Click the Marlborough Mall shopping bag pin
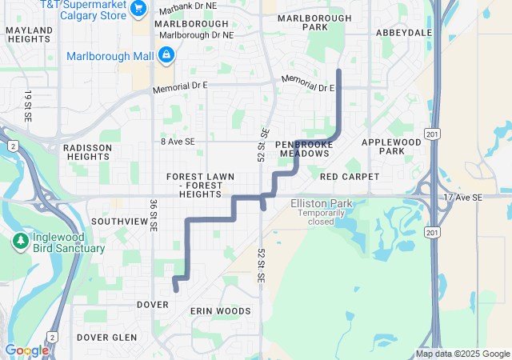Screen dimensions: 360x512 click(x=166, y=55)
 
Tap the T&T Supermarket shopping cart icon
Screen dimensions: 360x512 click(x=139, y=7)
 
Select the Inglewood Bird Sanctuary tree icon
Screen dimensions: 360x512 click(x=20, y=242)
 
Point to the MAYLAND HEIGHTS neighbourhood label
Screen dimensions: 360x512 click(x=29, y=34)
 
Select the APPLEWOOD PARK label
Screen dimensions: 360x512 click(x=391, y=146)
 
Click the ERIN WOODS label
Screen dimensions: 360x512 click(x=220, y=310)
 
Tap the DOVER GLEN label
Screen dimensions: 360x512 click(x=107, y=338)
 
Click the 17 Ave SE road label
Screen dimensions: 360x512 click(x=463, y=197)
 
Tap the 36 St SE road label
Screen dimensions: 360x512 click(x=153, y=215)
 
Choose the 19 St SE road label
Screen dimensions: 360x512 click(x=27, y=106)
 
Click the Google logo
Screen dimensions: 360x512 click(x=26, y=350)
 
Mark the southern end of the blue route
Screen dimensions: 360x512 click(x=176, y=290)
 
